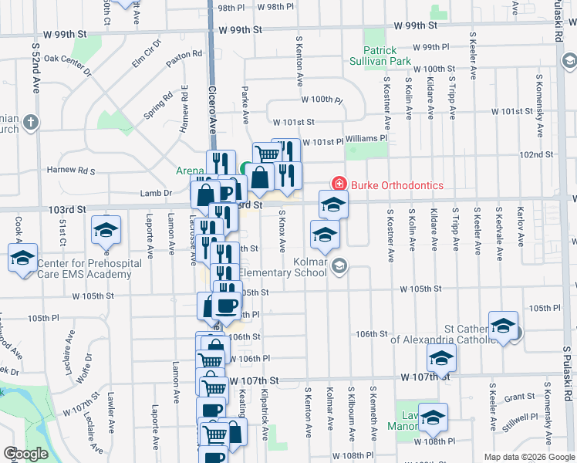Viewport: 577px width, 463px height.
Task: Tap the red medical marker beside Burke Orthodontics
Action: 338,184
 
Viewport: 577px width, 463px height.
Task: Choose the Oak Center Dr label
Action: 68,63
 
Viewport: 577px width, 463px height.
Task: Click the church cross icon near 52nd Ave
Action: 30,121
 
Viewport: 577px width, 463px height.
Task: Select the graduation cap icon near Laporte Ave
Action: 106,228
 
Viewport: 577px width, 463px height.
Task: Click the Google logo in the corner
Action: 25,454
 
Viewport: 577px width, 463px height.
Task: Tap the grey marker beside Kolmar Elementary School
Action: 340,266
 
